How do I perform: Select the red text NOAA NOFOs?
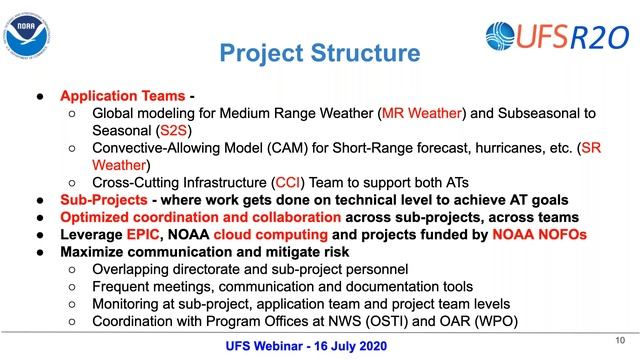[537, 234]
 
